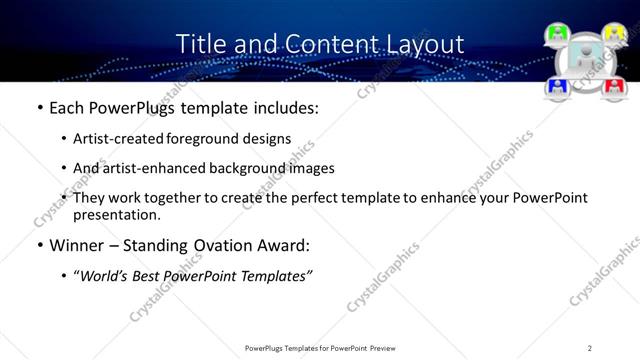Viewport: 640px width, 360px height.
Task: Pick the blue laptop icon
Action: (x=558, y=88)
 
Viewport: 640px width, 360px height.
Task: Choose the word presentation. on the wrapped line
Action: (x=117, y=214)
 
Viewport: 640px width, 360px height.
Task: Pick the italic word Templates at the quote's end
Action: (x=276, y=276)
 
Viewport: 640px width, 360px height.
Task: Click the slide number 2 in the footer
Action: (x=590, y=348)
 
